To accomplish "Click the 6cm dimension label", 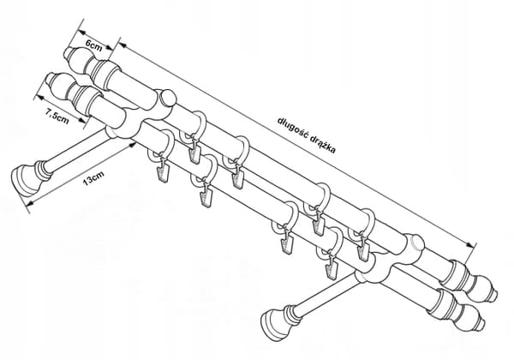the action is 93,45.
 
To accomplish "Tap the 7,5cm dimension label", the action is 57,117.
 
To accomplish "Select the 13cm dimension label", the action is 93,178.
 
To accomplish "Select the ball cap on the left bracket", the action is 168,98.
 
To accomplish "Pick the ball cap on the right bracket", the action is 416,244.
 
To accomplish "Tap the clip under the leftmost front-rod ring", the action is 163,172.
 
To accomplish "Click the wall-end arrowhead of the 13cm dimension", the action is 29,203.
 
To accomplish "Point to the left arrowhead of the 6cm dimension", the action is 81,32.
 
